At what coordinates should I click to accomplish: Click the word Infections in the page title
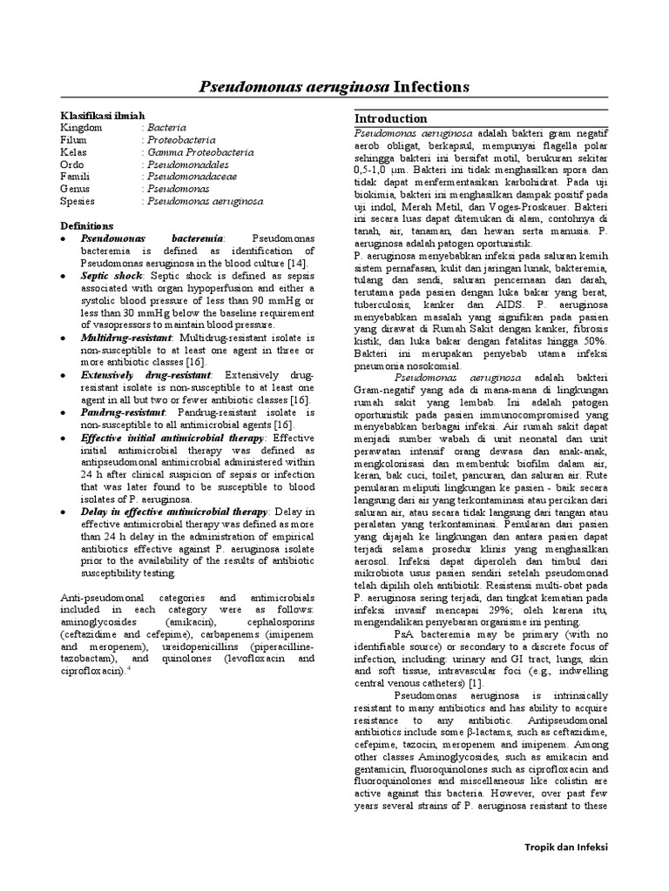[x=431, y=87]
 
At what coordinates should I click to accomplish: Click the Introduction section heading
[x=390, y=118]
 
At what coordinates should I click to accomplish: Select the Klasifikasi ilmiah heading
[x=102, y=115]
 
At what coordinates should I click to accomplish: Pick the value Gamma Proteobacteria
[x=200, y=152]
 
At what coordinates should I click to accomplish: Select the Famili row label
[x=76, y=177]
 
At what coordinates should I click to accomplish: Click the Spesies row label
[x=78, y=201]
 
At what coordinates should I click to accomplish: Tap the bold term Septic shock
[x=111, y=275]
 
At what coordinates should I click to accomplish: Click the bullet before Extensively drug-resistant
[x=64, y=374]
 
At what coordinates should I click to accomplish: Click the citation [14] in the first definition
[x=296, y=263]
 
